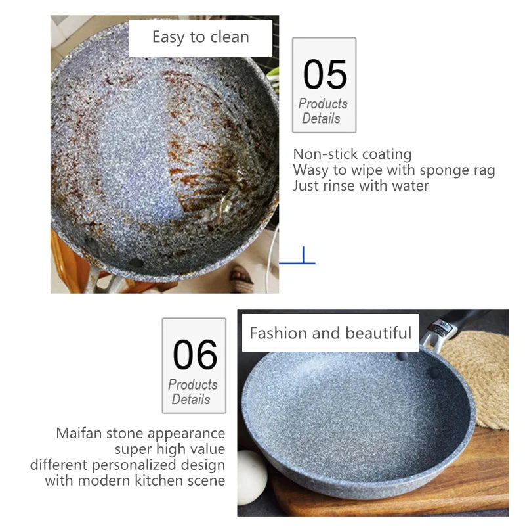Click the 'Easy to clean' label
click(x=200, y=37)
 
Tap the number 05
click(x=324, y=74)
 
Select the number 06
click(x=194, y=355)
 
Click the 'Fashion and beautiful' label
click(x=330, y=333)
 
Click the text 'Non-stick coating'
click(x=352, y=154)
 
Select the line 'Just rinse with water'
click(x=360, y=186)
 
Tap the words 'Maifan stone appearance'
click(x=140, y=434)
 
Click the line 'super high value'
click(x=169, y=449)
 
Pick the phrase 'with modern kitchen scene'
click(x=135, y=481)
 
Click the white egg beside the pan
click(x=251, y=477)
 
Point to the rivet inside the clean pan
click(x=434, y=373)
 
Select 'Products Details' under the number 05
click(x=323, y=111)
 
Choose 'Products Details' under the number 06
click(x=193, y=392)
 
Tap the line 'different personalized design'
click(x=127, y=465)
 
